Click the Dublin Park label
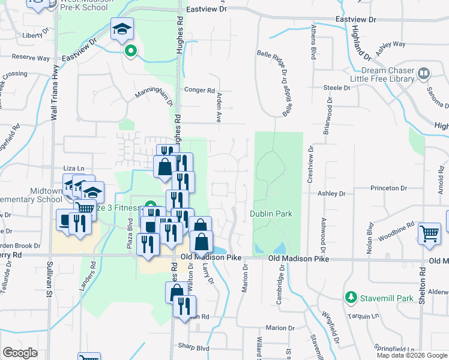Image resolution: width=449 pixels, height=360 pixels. (271, 214)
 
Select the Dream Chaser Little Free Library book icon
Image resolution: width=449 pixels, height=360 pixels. (424, 74)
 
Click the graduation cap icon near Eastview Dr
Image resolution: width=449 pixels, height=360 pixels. (121, 29)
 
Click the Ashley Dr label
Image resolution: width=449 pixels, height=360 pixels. (332, 194)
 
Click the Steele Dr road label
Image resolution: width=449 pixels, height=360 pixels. (337, 88)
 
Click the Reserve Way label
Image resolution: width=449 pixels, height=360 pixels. (31, 58)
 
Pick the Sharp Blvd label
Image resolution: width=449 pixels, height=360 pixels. (193, 346)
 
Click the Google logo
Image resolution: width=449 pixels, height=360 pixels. (20, 353)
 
